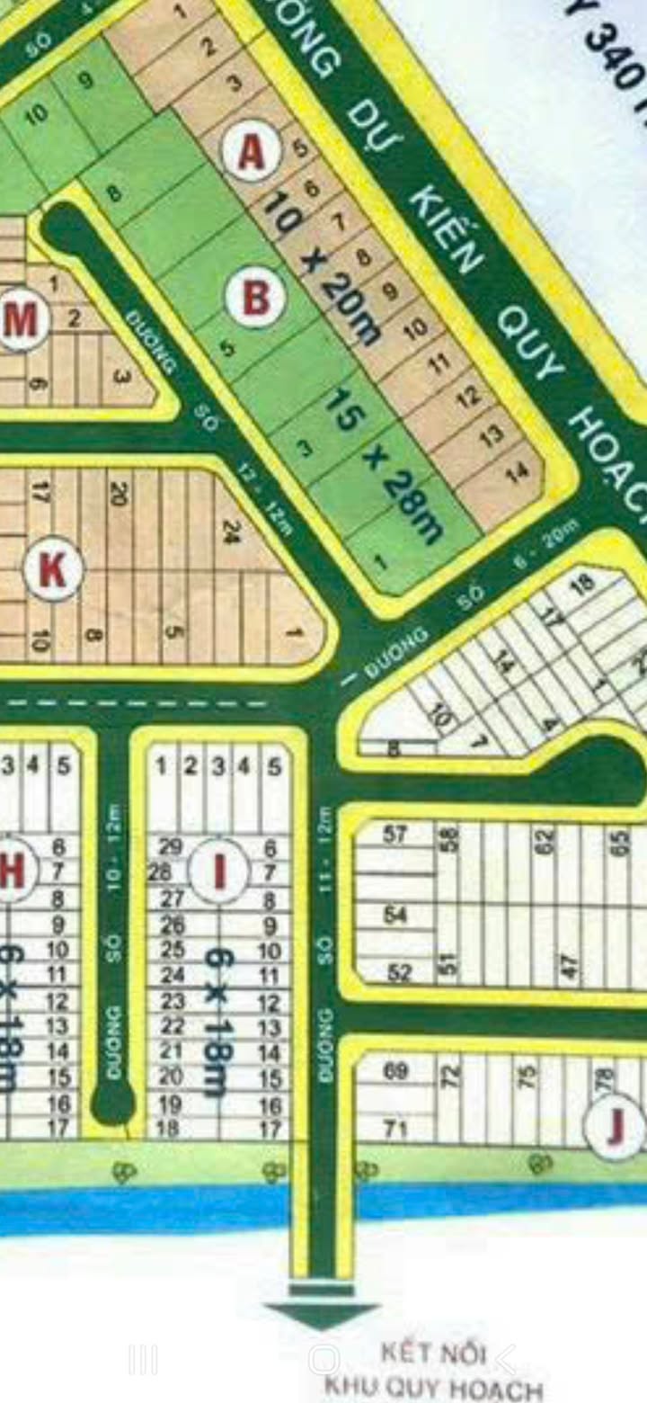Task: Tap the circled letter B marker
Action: tap(255, 298)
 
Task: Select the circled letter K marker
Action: tap(53, 571)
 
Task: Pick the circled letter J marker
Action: tap(616, 1128)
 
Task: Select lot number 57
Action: tap(396, 835)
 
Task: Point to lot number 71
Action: tap(396, 1128)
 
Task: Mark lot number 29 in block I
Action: tap(170, 846)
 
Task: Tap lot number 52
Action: tap(399, 972)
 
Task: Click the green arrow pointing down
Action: tap(321, 1312)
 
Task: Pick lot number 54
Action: tap(396, 915)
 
